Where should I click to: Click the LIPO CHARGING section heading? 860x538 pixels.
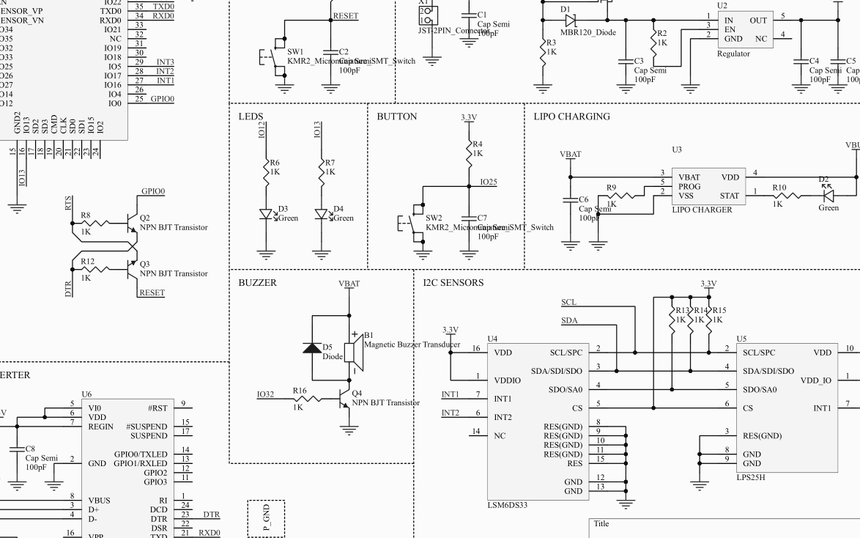(571, 117)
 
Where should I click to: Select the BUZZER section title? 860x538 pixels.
(257, 282)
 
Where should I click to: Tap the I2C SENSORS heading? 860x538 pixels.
(453, 282)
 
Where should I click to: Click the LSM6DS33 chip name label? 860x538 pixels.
(508, 505)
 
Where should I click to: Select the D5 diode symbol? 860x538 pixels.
(313, 348)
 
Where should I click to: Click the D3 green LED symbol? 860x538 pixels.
(266, 214)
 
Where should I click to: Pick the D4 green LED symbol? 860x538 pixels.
(321, 214)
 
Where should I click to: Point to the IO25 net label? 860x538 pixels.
(488, 182)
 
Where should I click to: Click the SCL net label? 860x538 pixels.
(568, 302)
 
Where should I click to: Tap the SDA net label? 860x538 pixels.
(569, 320)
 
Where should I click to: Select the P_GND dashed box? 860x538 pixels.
(266, 518)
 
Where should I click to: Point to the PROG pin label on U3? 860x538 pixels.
(689, 186)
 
